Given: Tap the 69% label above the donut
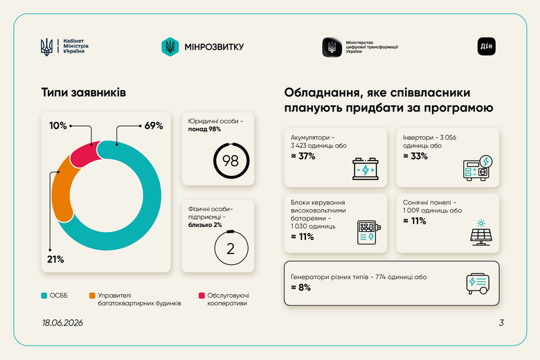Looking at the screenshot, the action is [154, 125].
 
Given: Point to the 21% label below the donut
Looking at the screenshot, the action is [55, 259].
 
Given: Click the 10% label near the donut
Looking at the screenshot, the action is [58, 125].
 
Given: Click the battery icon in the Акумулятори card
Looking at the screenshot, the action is [366, 168].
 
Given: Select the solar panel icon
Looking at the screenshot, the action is [481, 233].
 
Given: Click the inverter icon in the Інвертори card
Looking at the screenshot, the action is [478, 168].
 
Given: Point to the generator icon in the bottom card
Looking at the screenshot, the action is [478, 284].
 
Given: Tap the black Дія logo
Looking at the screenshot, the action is [486, 46].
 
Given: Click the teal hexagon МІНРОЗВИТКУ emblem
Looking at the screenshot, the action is [170, 46].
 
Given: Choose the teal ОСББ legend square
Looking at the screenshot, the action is [44, 296].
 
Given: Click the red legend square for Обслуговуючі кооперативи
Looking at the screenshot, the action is [202, 296].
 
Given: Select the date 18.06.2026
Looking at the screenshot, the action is [62, 323].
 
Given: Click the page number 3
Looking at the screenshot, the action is [501, 323].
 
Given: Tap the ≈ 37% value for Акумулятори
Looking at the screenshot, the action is [303, 156].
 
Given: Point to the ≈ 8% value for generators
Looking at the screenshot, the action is [300, 287].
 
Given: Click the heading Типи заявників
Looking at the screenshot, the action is [84, 92].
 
